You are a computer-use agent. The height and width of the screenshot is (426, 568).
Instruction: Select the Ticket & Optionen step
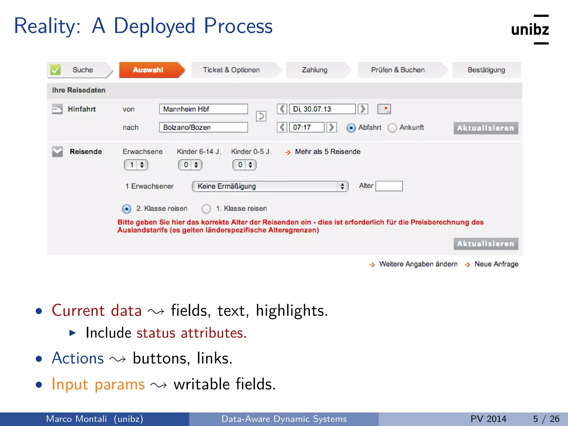click(231, 70)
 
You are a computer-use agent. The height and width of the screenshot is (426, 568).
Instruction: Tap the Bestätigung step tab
click(486, 70)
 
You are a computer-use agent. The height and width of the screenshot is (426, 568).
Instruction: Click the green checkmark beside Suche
click(55, 70)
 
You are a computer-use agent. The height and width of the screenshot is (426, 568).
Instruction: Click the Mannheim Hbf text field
click(203, 109)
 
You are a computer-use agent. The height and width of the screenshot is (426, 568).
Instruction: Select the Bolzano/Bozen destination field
click(203, 127)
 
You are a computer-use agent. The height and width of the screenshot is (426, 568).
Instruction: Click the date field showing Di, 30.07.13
click(322, 109)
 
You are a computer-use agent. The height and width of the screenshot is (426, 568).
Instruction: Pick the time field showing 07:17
click(306, 127)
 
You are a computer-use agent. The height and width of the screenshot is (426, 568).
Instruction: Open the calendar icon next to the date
click(384, 109)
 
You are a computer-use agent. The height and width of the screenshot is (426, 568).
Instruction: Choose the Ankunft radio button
click(392, 128)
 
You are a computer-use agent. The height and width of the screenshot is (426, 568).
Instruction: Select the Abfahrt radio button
click(351, 128)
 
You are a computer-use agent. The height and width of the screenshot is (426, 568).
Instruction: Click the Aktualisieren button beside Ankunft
click(486, 128)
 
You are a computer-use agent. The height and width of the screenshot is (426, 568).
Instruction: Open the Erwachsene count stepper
click(136, 165)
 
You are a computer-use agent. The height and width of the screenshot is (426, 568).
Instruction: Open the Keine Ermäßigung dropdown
click(270, 186)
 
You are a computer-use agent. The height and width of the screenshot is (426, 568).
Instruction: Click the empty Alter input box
click(389, 186)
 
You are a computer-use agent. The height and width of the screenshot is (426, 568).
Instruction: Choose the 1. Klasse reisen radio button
click(206, 209)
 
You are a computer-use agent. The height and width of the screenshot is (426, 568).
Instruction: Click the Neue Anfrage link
click(496, 264)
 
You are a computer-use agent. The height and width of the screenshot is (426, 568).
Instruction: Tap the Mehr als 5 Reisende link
click(327, 152)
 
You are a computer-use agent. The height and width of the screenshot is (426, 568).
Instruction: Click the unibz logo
click(530, 29)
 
